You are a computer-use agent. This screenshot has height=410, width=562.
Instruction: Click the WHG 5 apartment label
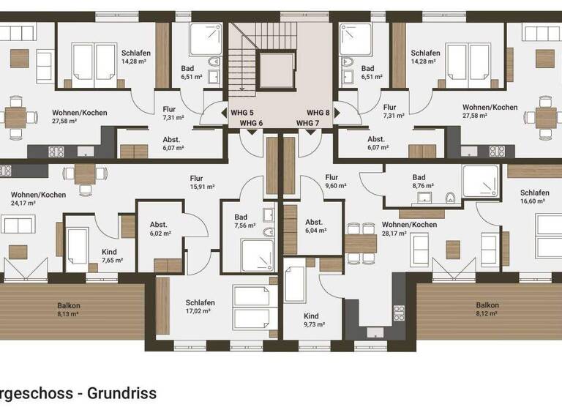[241, 112]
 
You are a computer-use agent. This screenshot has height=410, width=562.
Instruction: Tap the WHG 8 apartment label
[318, 112]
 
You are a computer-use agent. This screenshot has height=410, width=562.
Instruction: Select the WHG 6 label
[251, 122]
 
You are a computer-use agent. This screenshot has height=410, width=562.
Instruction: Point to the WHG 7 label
[308, 122]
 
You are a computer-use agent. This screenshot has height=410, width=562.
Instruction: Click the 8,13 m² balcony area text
[69, 314]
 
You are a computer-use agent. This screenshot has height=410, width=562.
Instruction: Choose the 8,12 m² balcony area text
[487, 314]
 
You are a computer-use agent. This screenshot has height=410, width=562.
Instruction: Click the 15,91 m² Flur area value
[196, 186]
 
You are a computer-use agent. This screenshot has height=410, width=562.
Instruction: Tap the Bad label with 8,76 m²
[419, 177]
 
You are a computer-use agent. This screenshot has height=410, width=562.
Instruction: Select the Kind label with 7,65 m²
[109, 252]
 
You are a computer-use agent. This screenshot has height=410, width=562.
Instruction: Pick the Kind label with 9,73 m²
[310, 316]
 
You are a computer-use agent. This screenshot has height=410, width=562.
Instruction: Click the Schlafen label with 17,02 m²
[200, 302]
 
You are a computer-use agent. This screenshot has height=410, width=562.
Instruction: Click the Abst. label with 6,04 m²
[315, 222]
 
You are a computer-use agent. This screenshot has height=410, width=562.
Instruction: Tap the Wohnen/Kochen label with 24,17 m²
[38, 195]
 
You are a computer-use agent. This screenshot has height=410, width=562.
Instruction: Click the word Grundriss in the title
[122, 393]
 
